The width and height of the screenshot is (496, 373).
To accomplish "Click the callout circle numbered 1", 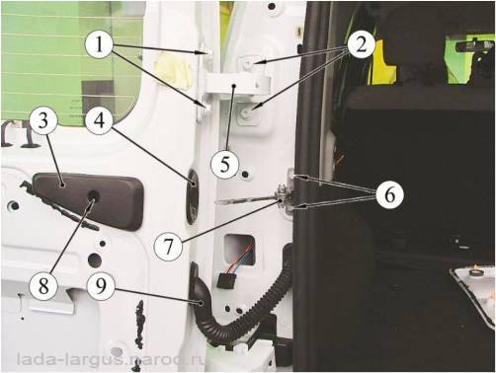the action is pos(100,44).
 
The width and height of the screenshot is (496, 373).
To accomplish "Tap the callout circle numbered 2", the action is pos(362,44).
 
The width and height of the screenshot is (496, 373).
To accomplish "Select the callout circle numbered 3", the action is pos(43,120).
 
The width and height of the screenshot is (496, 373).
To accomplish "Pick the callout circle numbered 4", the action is pos(100,120).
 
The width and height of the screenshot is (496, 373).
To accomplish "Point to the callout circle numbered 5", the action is pos(225,164).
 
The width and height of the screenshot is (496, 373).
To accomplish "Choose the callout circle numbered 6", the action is pos(390,195).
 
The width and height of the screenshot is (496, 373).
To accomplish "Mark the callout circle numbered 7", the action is pos(169,247).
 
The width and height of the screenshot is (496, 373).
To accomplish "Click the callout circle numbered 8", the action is pos(43,285).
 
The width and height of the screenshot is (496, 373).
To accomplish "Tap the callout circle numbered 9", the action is pos(101,285).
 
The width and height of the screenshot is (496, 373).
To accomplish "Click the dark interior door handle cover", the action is pos(88,201).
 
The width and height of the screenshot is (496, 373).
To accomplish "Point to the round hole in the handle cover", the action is pos(93,196).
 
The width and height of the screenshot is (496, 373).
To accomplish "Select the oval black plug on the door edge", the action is pos(193,196).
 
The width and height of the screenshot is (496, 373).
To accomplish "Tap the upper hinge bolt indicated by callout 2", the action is pos(249,64).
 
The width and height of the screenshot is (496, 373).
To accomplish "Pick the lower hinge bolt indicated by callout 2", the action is pos(246,113).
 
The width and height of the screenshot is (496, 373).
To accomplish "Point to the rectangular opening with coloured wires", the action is pos(239,251).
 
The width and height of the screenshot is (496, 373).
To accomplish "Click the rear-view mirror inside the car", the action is pos(474,46).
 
